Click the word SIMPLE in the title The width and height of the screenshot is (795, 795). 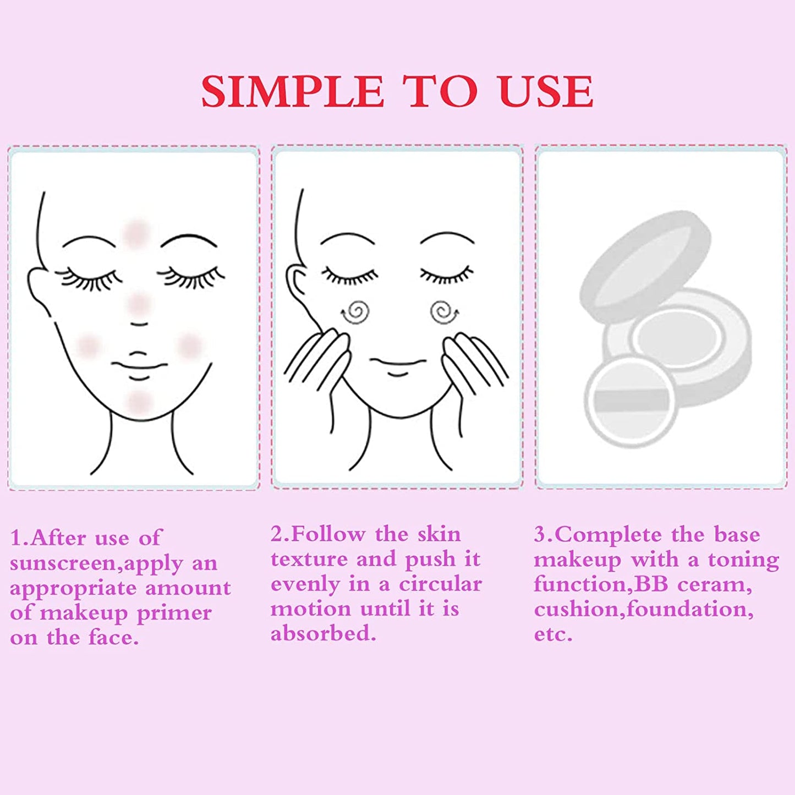292,91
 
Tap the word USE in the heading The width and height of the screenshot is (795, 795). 546,91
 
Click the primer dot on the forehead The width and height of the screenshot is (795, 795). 136,232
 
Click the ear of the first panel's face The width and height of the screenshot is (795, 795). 39,289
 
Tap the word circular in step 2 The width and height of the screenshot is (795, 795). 440,584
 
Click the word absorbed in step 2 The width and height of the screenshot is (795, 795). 323,634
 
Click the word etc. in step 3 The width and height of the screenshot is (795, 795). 553,634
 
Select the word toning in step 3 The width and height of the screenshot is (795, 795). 743,560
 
